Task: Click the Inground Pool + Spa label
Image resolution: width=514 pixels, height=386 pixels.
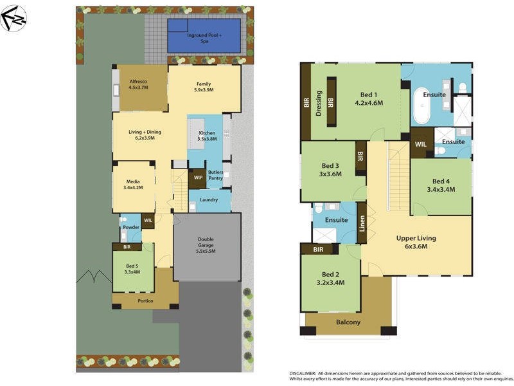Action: tap(205, 37)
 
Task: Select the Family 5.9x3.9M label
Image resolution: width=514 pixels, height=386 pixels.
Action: tap(204, 87)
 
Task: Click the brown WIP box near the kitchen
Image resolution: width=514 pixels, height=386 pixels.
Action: tap(197, 178)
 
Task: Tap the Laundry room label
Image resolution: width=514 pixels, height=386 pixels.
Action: tap(209, 200)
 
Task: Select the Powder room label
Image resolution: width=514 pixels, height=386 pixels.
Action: tap(131, 228)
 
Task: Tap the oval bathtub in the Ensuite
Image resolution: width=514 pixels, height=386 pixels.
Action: tap(422, 107)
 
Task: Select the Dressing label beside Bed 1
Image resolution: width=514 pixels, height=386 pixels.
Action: tap(319, 103)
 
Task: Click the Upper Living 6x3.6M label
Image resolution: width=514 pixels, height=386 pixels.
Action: tap(417, 241)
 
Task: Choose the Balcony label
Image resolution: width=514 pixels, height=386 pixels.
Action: tap(348, 322)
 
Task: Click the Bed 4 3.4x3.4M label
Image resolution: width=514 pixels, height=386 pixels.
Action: tap(441, 185)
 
